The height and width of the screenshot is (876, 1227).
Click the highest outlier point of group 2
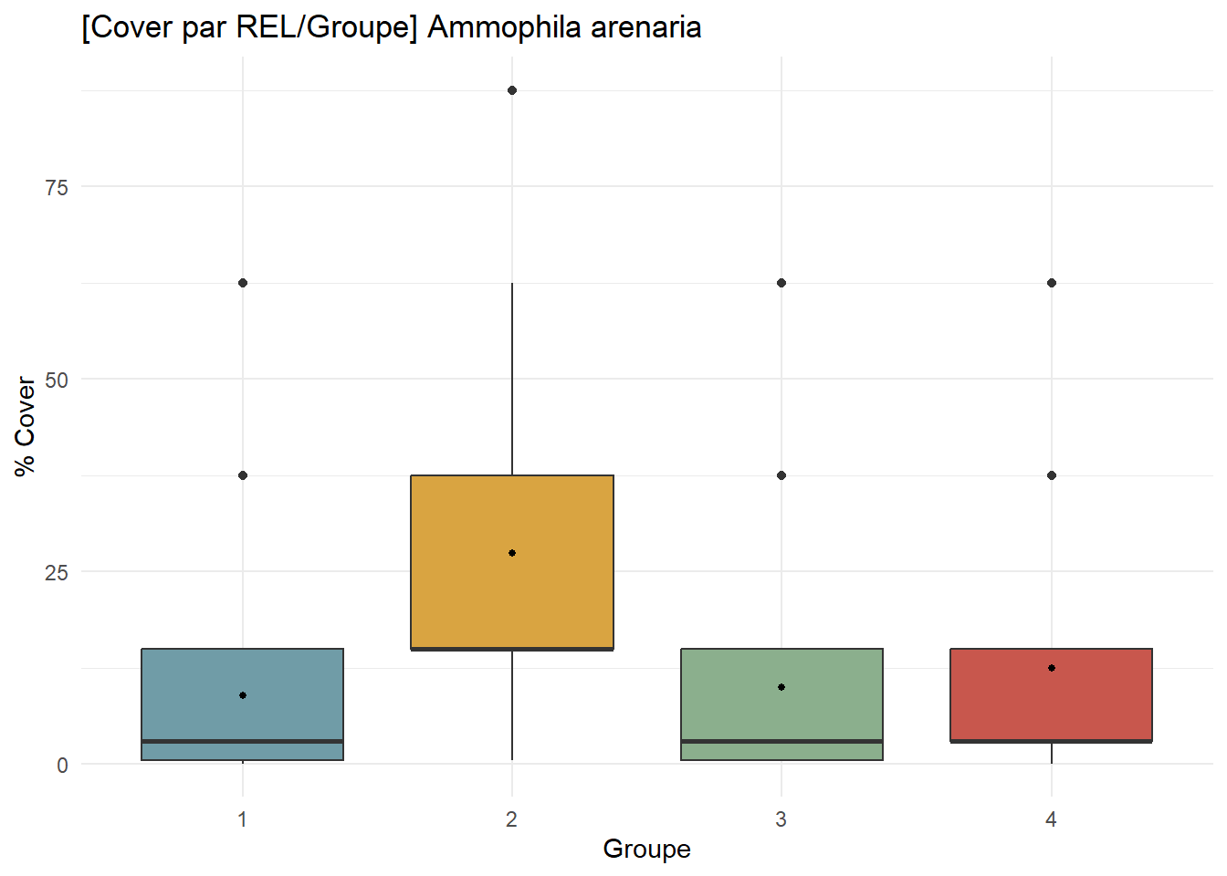pyautogui.click(x=512, y=90)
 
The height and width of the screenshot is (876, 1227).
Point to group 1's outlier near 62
pyautogui.click(x=243, y=283)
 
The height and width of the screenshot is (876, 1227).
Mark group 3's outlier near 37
pyautogui.click(x=781, y=475)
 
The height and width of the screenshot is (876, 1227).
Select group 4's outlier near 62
pyautogui.click(x=1052, y=283)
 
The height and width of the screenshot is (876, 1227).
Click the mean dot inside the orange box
pyautogui.click(x=512, y=553)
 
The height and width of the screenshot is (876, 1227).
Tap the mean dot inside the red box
pyautogui.click(x=1052, y=668)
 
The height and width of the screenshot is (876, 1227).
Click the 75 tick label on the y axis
pyautogui.click(x=57, y=187)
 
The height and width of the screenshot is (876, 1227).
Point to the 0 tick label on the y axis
pyautogui.click(x=62, y=766)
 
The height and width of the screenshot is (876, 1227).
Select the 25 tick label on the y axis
pyautogui.click(x=57, y=573)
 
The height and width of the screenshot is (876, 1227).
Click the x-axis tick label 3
pyautogui.click(x=781, y=819)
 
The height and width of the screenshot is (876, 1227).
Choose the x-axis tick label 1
pyautogui.click(x=243, y=819)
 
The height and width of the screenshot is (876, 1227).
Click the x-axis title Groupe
pyautogui.click(x=646, y=850)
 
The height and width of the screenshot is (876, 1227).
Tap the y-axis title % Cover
pyautogui.click(x=25, y=426)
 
